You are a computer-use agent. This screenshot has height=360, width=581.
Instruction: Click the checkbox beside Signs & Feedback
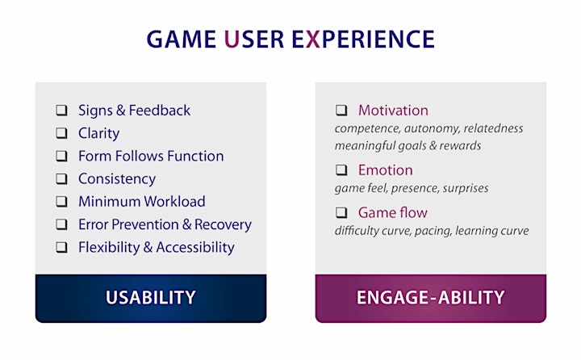[x=61, y=111]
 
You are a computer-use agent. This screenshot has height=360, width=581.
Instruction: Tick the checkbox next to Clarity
[x=61, y=133]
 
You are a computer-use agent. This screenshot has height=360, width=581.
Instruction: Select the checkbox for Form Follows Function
[x=61, y=156]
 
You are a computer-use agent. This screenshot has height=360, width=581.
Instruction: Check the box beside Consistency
[x=61, y=178]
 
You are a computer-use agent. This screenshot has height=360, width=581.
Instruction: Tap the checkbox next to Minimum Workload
[x=61, y=202]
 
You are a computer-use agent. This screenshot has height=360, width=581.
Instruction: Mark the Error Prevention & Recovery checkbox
[x=61, y=224]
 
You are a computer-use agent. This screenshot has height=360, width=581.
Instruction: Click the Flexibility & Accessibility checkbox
[x=61, y=247]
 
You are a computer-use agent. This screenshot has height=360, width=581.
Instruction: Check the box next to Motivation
[x=341, y=111]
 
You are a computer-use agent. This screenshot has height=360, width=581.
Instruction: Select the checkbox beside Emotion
[x=341, y=170]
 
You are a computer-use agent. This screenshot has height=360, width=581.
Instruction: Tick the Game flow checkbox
[x=341, y=213]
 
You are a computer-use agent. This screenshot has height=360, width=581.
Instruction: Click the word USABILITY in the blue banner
[x=150, y=297]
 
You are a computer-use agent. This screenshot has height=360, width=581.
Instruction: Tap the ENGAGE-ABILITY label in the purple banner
[x=431, y=297]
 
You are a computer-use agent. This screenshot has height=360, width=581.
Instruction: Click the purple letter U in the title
[x=232, y=40]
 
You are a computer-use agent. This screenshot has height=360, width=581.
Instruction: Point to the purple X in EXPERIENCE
[x=313, y=40]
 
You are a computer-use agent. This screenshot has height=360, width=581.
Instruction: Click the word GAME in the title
[x=182, y=40]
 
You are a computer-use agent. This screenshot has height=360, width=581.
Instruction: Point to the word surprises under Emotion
[x=466, y=188]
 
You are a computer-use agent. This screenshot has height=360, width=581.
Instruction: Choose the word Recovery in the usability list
[x=223, y=224]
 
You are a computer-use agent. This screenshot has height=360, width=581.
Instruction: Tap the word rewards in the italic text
[x=460, y=146]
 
